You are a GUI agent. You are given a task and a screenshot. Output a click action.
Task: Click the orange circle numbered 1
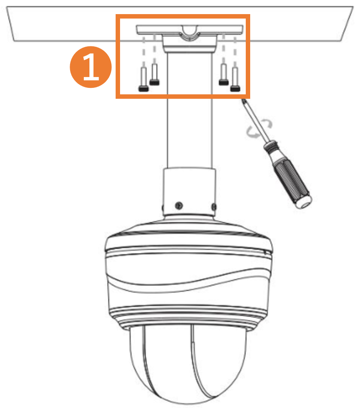(91, 67)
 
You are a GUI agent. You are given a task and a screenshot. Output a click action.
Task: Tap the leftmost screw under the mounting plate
(143, 79)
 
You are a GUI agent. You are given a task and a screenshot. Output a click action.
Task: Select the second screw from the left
(154, 74)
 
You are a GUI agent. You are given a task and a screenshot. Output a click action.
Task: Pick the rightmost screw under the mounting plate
(235, 79)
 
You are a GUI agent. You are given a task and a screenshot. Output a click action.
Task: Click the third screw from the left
(224, 74)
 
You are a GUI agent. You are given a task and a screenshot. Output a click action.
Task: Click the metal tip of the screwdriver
(244, 102)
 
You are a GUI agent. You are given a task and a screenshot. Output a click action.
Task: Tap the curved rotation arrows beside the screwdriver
(259, 128)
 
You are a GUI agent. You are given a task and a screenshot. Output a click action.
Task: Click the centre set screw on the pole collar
(178, 206)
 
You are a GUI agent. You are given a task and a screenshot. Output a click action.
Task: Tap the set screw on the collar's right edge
(214, 207)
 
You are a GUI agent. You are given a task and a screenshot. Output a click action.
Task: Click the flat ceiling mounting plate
(190, 30)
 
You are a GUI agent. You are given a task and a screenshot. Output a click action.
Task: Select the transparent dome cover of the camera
(188, 364)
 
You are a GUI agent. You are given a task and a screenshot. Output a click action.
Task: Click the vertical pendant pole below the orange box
(190, 133)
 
